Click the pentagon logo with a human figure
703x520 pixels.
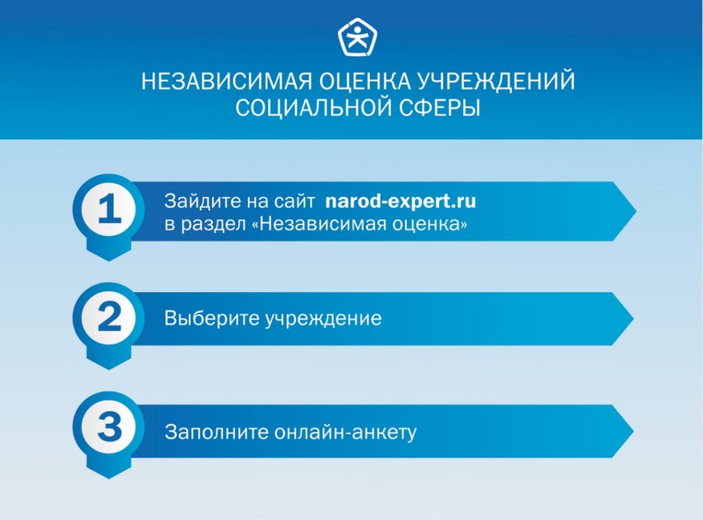tap(357, 38)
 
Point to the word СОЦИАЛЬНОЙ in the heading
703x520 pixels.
tap(310, 108)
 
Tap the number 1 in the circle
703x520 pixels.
tap(110, 209)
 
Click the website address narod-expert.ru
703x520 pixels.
tap(401, 202)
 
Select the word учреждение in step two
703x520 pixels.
tap(322, 319)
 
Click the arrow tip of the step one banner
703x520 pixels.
tap(636, 211)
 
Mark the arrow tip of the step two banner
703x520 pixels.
tap(633, 318)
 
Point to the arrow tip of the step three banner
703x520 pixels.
tap(633, 431)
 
